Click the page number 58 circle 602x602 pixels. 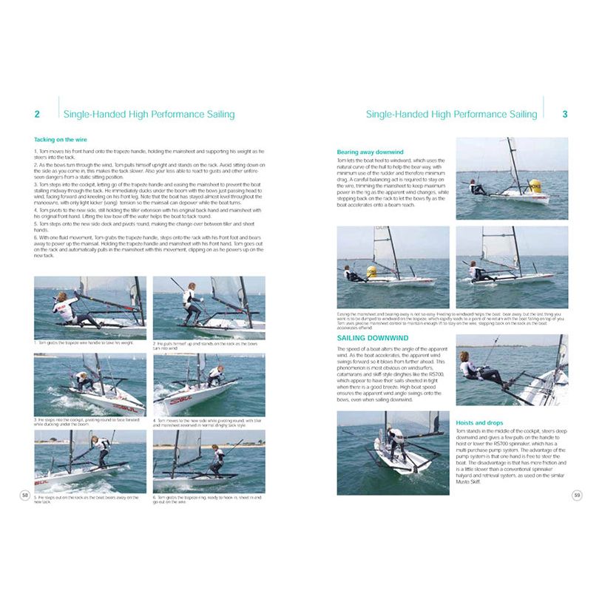pos(25,495)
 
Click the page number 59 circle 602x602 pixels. pos(577,495)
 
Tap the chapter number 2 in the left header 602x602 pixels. pos(37,115)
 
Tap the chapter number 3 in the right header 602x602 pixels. pos(565,115)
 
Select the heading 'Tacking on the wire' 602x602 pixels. pos(61,139)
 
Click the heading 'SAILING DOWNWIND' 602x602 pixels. pos(373,338)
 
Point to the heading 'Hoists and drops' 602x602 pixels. pos(479,423)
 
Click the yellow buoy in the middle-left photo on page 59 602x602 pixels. pos(372,271)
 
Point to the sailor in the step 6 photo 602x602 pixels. pos(217,460)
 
